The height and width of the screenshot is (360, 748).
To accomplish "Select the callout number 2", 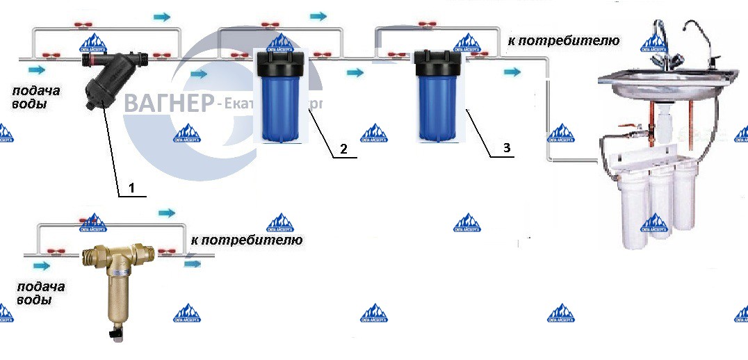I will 342,149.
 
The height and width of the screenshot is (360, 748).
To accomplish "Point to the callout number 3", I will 506,148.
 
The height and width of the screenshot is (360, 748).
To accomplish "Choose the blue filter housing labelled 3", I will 439,104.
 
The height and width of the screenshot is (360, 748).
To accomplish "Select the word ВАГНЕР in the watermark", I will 168,104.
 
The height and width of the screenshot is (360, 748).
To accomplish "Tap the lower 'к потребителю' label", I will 246,240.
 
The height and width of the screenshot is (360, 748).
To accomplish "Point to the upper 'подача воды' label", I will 33,97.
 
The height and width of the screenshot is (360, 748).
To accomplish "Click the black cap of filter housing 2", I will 282,63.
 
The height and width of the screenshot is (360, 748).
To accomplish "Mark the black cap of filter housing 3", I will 439,63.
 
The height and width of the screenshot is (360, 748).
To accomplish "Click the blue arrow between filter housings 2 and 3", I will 355,72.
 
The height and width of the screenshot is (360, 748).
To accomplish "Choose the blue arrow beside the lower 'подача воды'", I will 42,265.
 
